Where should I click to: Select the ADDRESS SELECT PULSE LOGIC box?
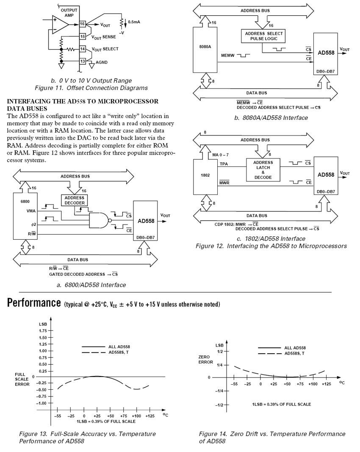(263, 36)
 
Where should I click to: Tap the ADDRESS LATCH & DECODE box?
(263, 170)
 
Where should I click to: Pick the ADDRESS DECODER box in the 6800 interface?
(75, 200)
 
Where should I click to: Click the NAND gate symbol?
(100, 221)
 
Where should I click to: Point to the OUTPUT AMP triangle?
(60, 25)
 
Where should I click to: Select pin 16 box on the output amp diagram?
(83, 24)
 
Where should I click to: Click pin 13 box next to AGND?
(83, 61)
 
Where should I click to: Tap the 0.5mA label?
(134, 22)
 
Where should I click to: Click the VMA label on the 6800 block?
(31, 211)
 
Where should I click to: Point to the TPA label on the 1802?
(224, 164)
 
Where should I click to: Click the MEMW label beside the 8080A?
(228, 55)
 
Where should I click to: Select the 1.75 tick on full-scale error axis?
(43, 331)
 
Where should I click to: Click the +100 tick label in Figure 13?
(136, 416)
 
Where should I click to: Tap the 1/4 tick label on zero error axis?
(220, 365)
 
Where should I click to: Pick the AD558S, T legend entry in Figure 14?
(295, 353)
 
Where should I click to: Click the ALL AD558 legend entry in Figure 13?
(119, 347)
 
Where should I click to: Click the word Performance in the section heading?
(34, 303)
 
